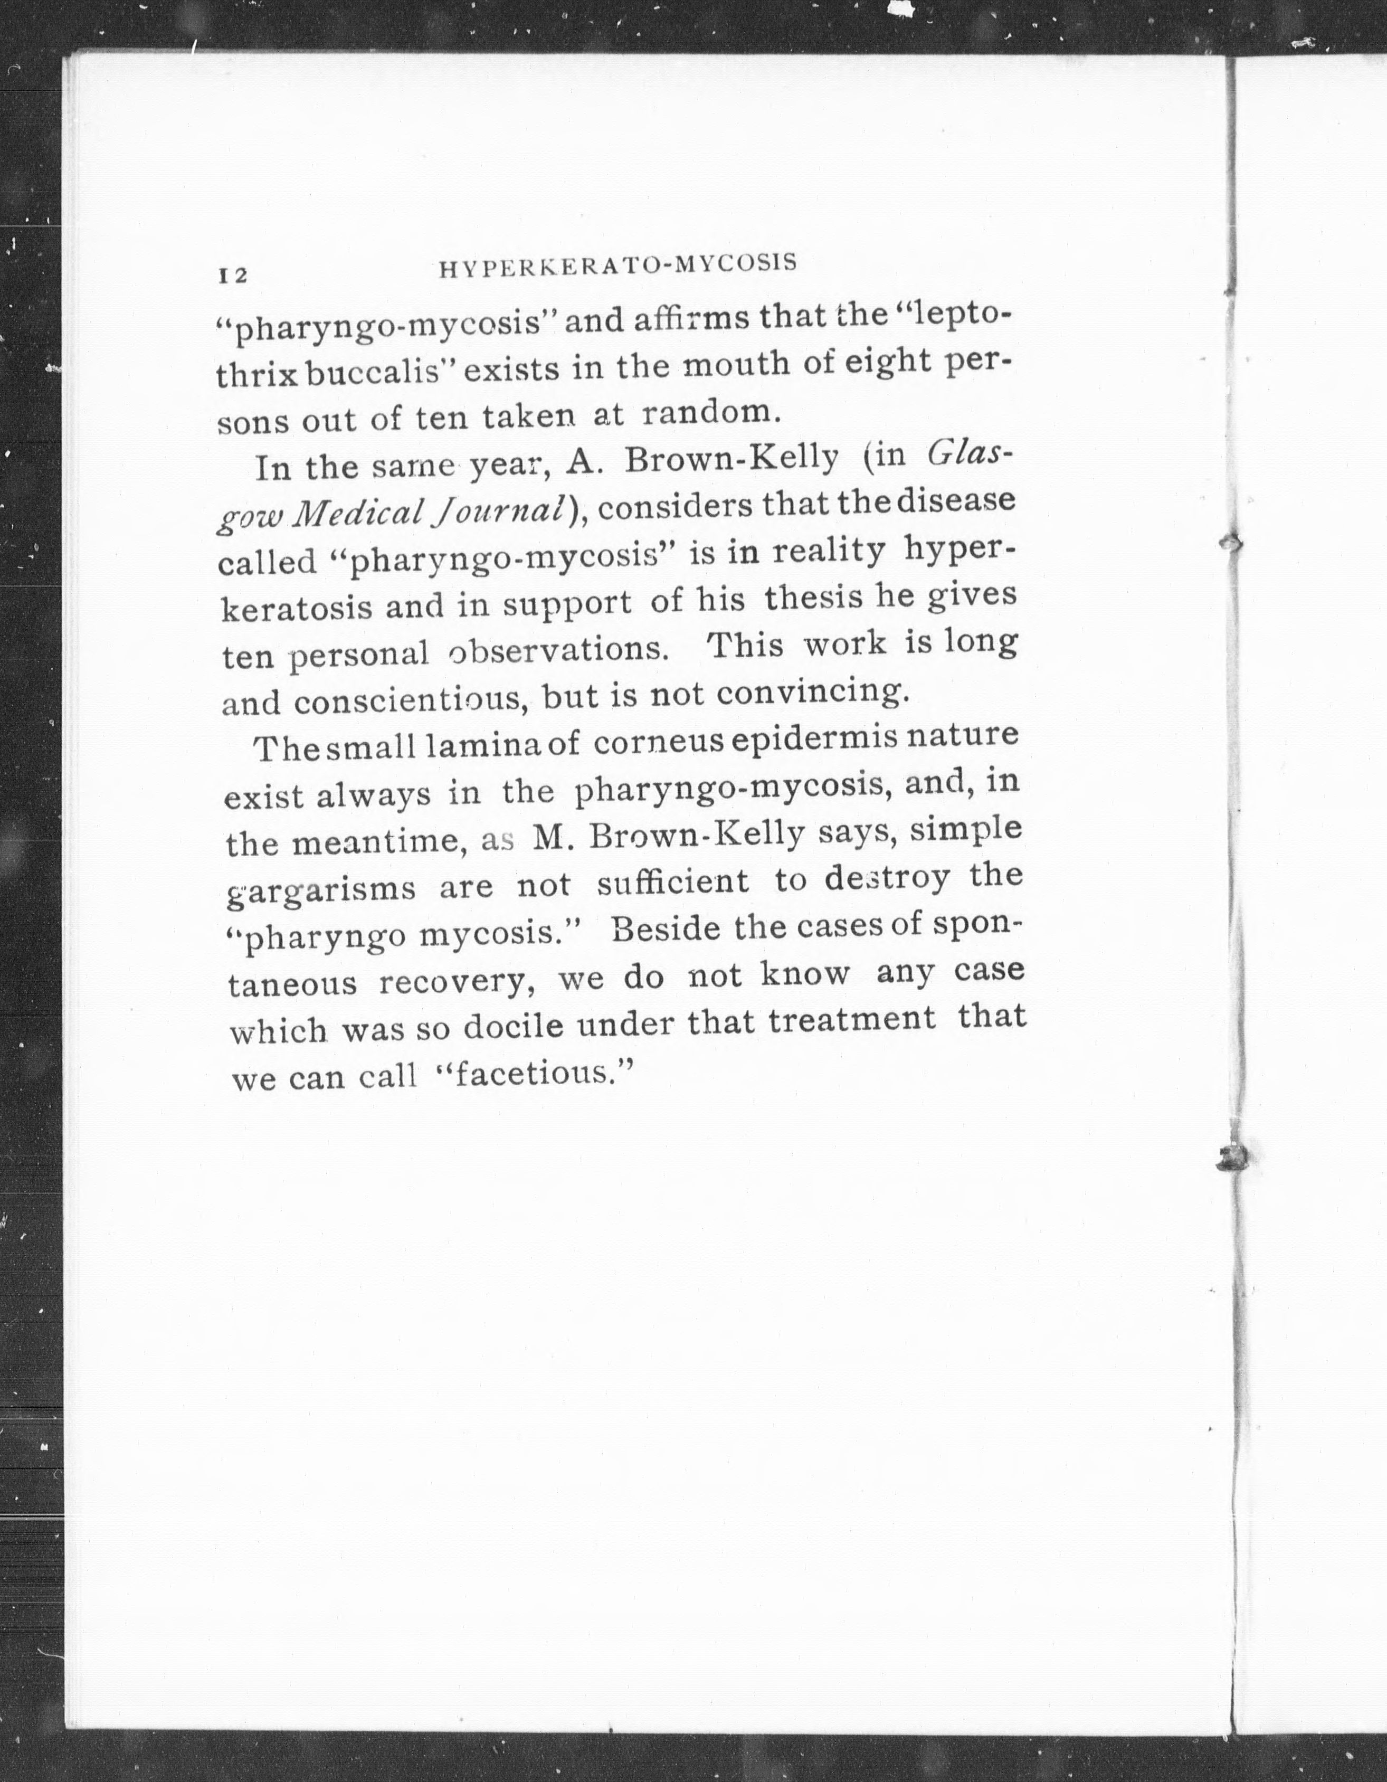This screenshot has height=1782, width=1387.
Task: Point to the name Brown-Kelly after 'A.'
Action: (x=731, y=460)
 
